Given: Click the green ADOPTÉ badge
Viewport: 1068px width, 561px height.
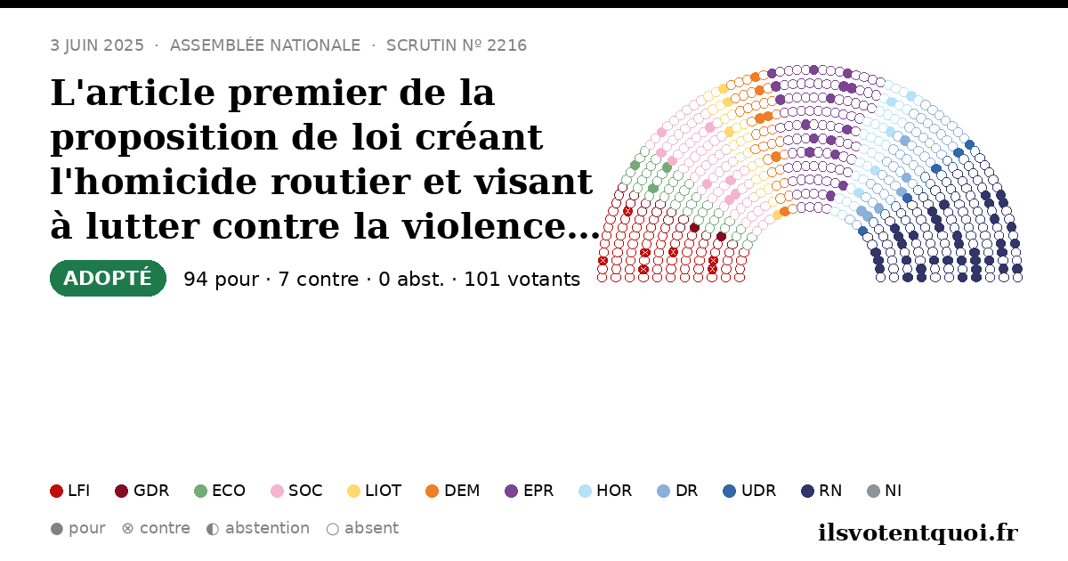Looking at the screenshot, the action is (108, 278).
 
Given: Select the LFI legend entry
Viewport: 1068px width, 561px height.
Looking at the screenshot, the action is (70, 491).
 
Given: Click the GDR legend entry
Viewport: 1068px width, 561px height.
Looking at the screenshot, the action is (142, 491).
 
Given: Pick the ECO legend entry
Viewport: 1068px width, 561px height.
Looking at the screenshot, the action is (220, 491).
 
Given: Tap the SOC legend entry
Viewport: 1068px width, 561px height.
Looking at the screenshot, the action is (296, 491).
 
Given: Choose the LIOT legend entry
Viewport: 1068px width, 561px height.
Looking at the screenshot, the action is (375, 491).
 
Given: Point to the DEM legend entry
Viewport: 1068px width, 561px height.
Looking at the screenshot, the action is (452, 491).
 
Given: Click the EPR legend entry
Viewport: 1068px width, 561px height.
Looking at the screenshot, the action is (530, 491).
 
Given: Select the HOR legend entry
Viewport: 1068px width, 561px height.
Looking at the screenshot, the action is (605, 491).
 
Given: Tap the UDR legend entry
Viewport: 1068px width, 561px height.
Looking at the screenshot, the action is (749, 491).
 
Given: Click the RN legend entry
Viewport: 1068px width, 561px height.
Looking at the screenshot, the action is (821, 491).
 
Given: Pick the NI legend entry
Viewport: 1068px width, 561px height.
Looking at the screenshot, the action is (885, 491).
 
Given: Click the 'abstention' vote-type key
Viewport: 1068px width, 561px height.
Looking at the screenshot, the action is (258, 529).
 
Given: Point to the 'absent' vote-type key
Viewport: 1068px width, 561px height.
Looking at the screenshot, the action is (362, 529).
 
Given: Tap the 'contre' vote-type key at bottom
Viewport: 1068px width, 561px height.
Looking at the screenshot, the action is (156, 529).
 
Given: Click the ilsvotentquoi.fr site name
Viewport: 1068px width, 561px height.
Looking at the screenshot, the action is (918, 533).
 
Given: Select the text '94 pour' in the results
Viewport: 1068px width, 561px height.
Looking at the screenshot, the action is (222, 279).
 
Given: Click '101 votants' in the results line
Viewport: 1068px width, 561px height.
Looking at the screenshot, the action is (522, 279).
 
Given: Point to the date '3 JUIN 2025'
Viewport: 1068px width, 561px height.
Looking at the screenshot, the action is (97, 45).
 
